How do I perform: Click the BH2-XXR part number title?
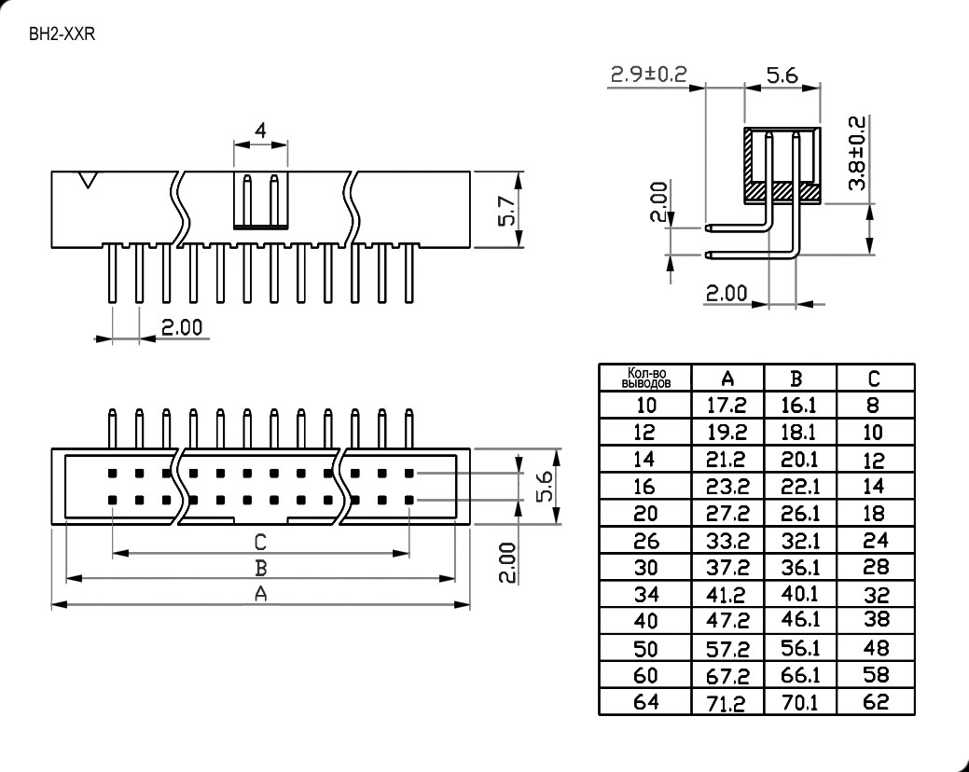coord(63,35)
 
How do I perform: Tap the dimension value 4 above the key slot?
coord(260,131)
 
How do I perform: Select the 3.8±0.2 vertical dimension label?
coord(859,154)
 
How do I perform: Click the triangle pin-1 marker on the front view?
coord(89,180)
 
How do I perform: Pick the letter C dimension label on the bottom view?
coord(261,541)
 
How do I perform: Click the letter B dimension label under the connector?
coord(261,567)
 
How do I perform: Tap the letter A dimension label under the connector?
coord(261,594)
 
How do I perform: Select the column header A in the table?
coord(728,378)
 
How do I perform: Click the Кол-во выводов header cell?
coord(645,378)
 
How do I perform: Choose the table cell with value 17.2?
coord(728,406)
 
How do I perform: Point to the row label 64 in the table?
coord(645,702)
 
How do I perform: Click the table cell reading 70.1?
coord(799,703)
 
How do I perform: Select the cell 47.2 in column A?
coord(728,621)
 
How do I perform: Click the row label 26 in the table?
coord(645,541)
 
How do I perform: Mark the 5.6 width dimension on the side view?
coord(782,76)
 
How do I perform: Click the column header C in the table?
coord(875,378)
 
